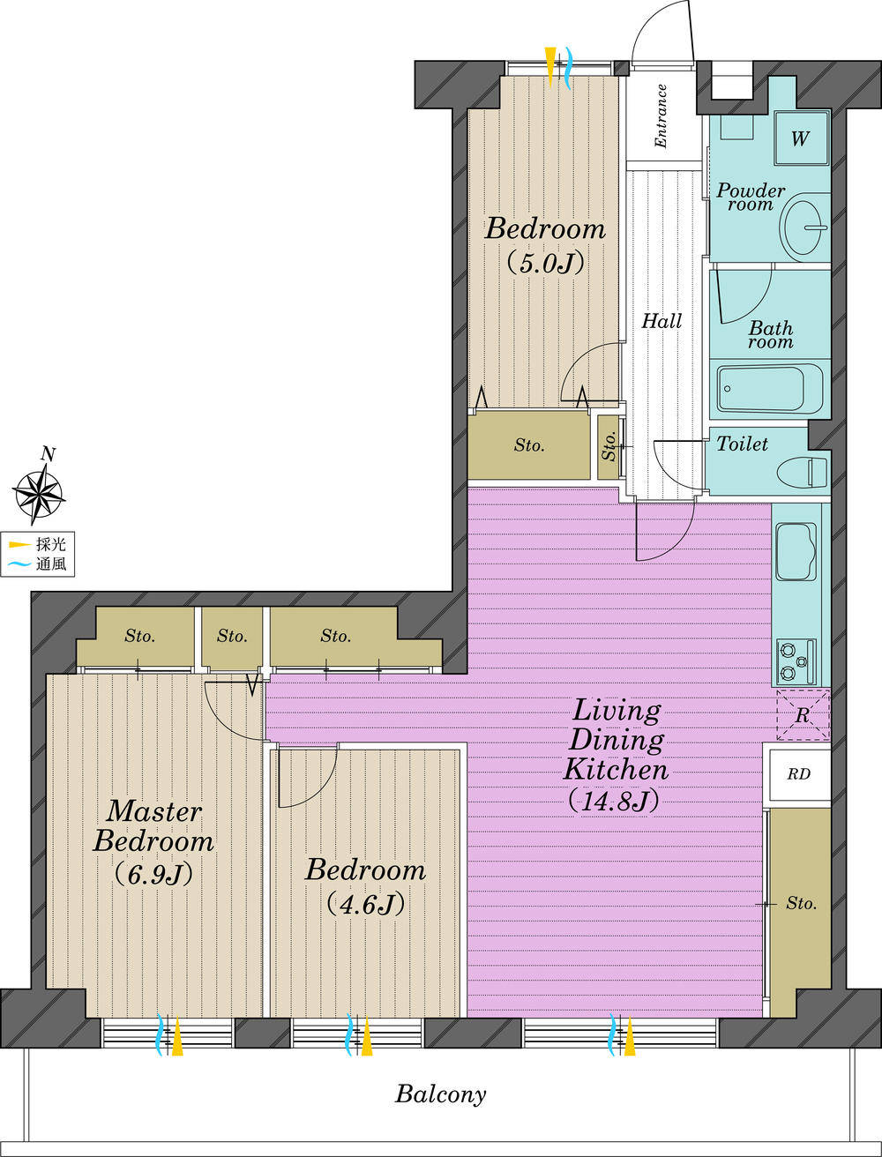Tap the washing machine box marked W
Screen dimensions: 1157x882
point(800,138)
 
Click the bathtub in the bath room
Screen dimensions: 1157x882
point(770,387)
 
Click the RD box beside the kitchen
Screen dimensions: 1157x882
point(798,774)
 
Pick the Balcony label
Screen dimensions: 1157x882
point(440,1095)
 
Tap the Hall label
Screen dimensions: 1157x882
point(661,321)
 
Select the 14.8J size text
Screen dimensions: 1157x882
point(615,801)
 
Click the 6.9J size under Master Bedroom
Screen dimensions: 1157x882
point(153,873)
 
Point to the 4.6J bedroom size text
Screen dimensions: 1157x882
point(365,903)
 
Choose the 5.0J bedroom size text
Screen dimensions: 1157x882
point(545,263)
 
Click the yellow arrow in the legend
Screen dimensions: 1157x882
point(19,545)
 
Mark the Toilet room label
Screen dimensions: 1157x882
point(742,444)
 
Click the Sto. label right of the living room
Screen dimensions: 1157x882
point(801,904)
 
